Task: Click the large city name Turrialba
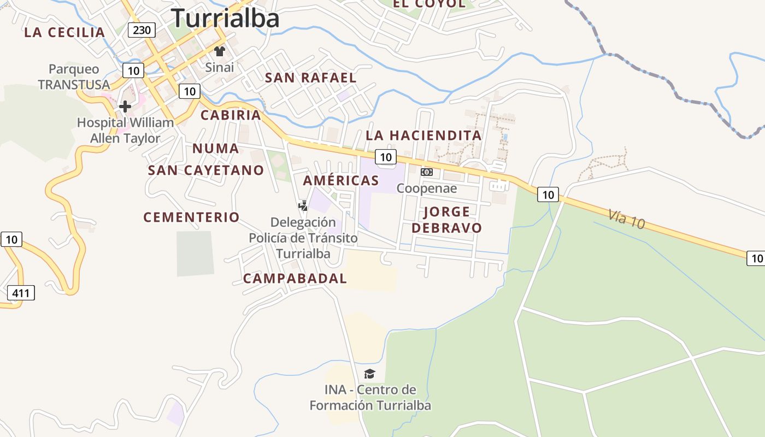coord(225,18)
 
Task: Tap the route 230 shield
coord(142,29)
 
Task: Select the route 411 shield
coord(21,293)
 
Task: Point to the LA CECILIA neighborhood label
coord(64,32)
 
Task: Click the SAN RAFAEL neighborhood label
coord(310,78)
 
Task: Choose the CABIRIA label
coord(231,115)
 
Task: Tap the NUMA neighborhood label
coord(215,149)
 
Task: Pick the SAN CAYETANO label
coord(206,170)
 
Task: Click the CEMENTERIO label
coord(191,217)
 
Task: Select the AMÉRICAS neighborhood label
coord(341,180)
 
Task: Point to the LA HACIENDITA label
coord(423,135)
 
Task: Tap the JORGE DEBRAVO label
coord(446,220)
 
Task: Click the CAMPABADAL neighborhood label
coord(295,279)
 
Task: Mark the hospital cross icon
coord(125,107)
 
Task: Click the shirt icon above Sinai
coord(220,52)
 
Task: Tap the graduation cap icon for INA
coord(370,374)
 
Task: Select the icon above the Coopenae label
coord(427,172)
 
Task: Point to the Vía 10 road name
coord(626,219)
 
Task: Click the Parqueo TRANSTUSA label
coord(74,77)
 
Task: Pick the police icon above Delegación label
coord(303,206)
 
